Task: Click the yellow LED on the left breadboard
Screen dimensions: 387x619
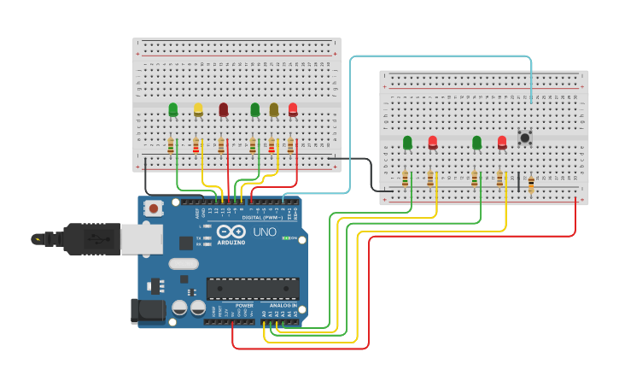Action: pos(198,108)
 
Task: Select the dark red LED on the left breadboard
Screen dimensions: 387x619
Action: pos(224,108)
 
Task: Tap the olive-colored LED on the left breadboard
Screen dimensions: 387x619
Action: pos(274,108)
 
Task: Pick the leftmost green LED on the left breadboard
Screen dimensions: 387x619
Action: pos(173,108)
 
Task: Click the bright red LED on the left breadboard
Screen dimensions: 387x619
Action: pos(293,108)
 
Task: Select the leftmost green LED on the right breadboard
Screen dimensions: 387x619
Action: pos(407,142)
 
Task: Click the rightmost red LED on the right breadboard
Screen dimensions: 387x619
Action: pos(502,142)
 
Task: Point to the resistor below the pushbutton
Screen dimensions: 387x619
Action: pos(531,184)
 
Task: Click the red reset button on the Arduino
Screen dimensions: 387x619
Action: pos(154,208)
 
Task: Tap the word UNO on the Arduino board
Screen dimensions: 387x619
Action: pos(264,232)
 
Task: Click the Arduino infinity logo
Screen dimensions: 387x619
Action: pos(231,232)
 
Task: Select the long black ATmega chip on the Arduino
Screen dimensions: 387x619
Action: pos(253,289)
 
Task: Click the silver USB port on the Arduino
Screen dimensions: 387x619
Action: pos(141,239)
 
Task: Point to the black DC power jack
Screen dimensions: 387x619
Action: pos(147,311)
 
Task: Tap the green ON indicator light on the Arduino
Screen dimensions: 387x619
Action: pos(285,238)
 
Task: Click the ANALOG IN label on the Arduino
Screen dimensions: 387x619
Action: pos(283,305)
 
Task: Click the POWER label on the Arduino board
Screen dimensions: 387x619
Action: pos(244,305)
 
